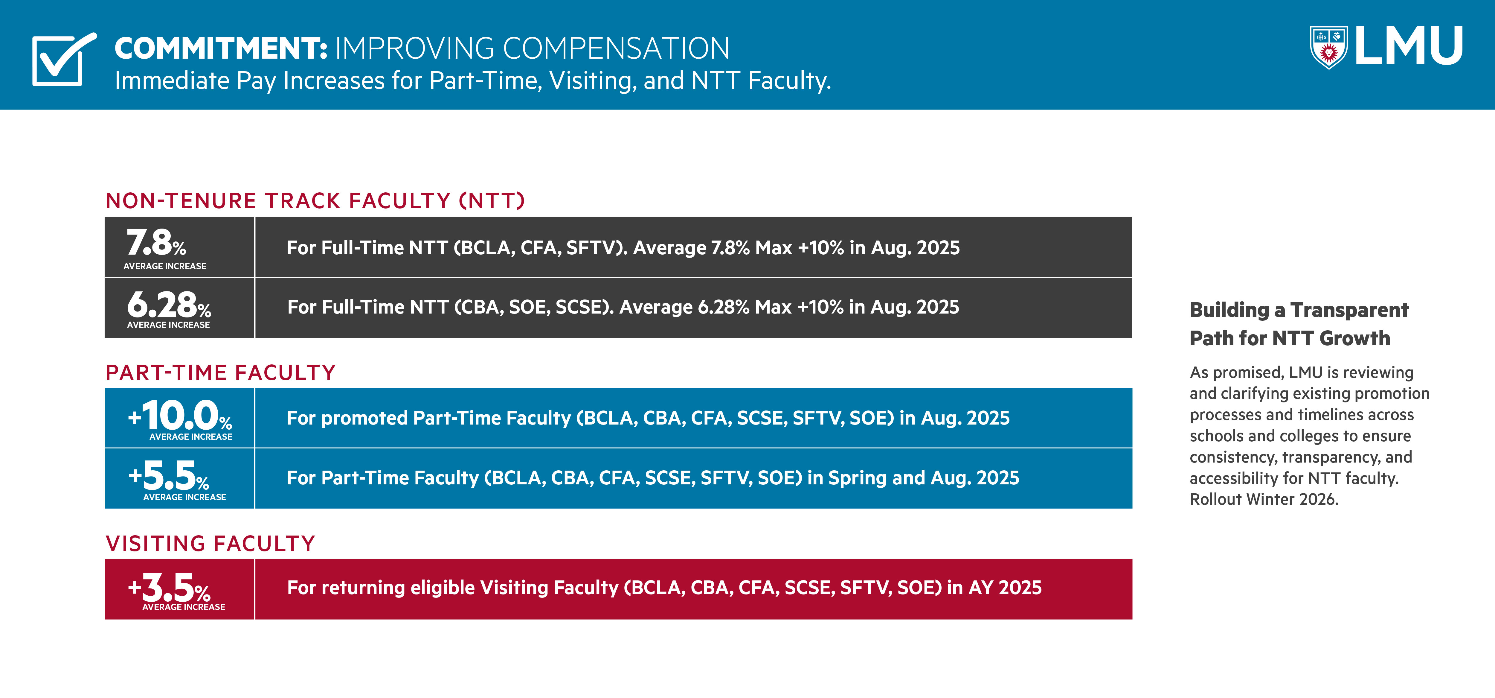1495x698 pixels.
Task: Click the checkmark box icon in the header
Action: [61, 60]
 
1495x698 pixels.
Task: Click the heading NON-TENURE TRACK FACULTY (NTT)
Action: [315, 201]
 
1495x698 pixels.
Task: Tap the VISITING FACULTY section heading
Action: [210, 544]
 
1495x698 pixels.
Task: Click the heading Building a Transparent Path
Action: [1299, 323]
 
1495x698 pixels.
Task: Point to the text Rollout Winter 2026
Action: [1264, 499]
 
